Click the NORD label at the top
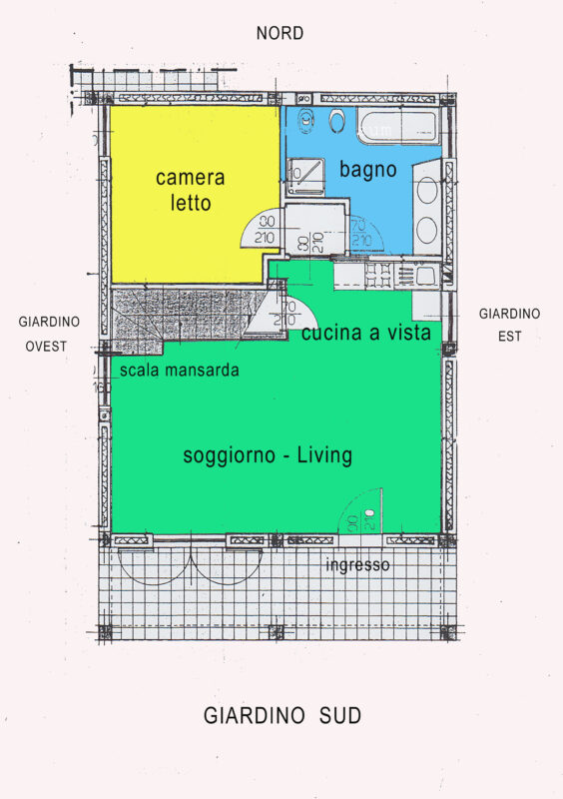(x=280, y=34)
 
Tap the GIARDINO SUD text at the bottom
(x=282, y=716)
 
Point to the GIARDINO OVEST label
(x=49, y=335)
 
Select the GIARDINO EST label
(x=509, y=326)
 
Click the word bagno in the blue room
(x=368, y=169)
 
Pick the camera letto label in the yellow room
(x=190, y=190)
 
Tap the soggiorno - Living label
(x=268, y=456)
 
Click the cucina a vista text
(x=366, y=334)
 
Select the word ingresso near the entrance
(x=357, y=566)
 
